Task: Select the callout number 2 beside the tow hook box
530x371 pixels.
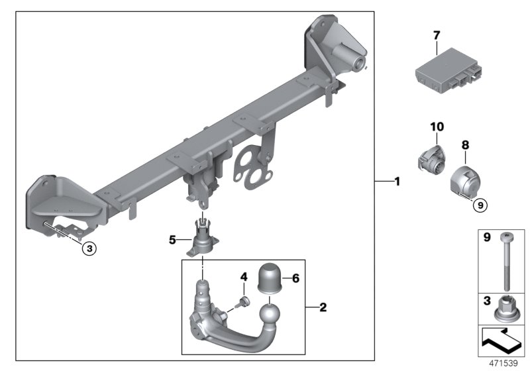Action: [323, 307]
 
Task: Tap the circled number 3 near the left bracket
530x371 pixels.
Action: [89, 249]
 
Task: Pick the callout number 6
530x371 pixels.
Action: [295, 279]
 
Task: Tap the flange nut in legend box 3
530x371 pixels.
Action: [506, 309]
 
